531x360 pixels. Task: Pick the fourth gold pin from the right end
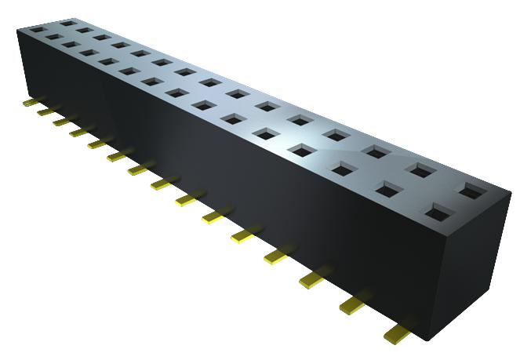pyautogui.click(x=278, y=254)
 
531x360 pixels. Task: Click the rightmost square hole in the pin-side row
pyautogui.click(x=438, y=210)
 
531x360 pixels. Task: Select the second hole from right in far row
pyautogui.click(x=421, y=169)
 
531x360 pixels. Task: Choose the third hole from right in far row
pyautogui.click(x=376, y=150)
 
